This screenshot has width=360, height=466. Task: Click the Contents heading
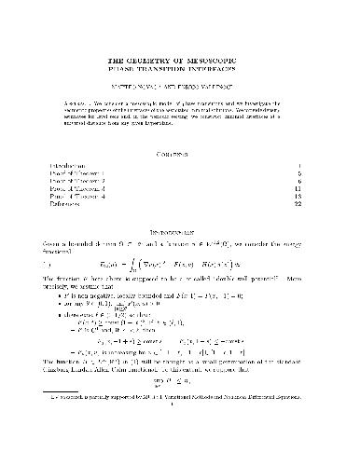tap(179, 153)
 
